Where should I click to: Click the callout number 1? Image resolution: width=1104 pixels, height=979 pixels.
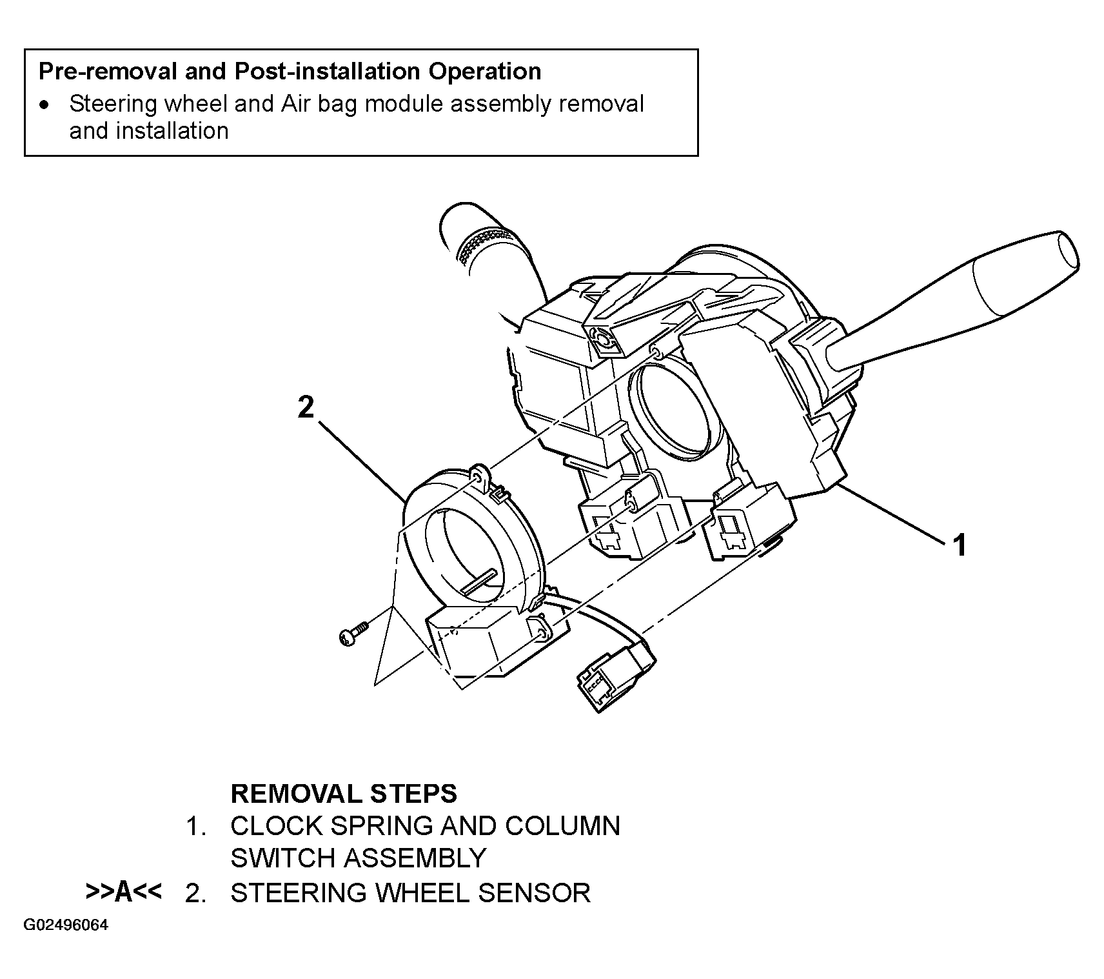pyautogui.click(x=960, y=545)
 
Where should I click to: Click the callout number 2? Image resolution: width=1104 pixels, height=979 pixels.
pyautogui.click(x=306, y=407)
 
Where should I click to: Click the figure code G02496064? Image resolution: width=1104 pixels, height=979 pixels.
pyautogui.click(x=66, y=925)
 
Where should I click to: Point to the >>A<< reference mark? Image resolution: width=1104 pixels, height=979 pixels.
pyautogui.click(x=123, y=892)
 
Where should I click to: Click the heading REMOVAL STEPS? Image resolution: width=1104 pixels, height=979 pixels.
pyautogui.click(x=344, y=793)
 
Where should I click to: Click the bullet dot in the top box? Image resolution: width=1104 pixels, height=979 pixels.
pyautogui.click(x=43, y=105)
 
